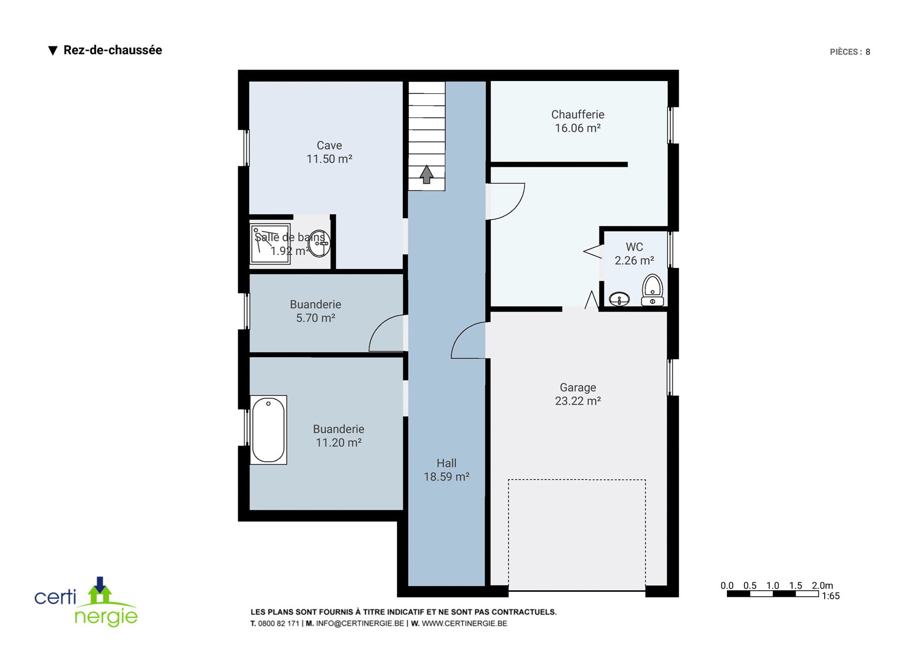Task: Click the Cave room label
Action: tap(329, 145)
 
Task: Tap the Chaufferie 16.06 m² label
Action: tap(578, 121)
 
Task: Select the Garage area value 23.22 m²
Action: tap(578, 401)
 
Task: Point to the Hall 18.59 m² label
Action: tap(446, 470)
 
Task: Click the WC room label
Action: tap(634, 247)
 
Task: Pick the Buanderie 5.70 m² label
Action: tap(315, 311)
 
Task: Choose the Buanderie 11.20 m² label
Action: tap(339, 436)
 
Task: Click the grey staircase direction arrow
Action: tap(427, 174)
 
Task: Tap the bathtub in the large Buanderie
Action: tap(268, 430)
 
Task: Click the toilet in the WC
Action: tap(652, 290)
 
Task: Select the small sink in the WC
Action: tap(619, 299)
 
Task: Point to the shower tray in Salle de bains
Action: tap(270, 244)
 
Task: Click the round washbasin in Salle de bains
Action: tap(319, 244)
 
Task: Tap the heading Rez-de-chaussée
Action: tap(112, 50)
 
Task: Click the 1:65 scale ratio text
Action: tap(831, 596)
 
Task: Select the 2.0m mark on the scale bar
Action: tap(822, 585)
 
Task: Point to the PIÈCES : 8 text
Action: tap(850, 52)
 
